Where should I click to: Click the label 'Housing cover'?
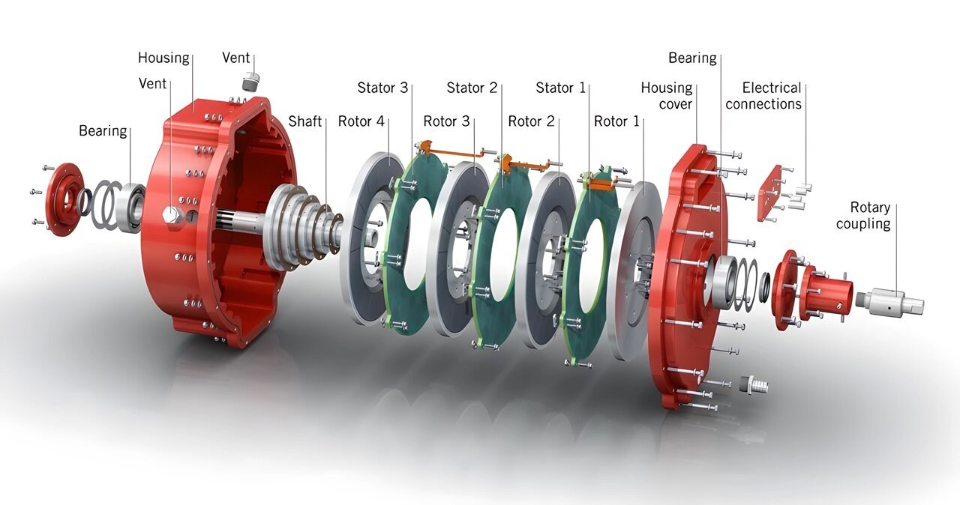point(666,96)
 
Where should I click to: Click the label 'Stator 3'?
point(382,88)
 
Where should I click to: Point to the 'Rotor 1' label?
point(616,121)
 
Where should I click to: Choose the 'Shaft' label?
point(305,121)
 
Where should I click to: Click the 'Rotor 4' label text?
point(361,121)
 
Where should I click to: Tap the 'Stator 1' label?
point(560,88)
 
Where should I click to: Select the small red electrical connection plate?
point(769,193)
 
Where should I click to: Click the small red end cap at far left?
point(63,199)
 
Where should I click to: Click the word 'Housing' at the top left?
point(163,58)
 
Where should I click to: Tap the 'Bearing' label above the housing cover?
point(692,58)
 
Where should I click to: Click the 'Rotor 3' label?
point(446,121)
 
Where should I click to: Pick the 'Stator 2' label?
point(472,88)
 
